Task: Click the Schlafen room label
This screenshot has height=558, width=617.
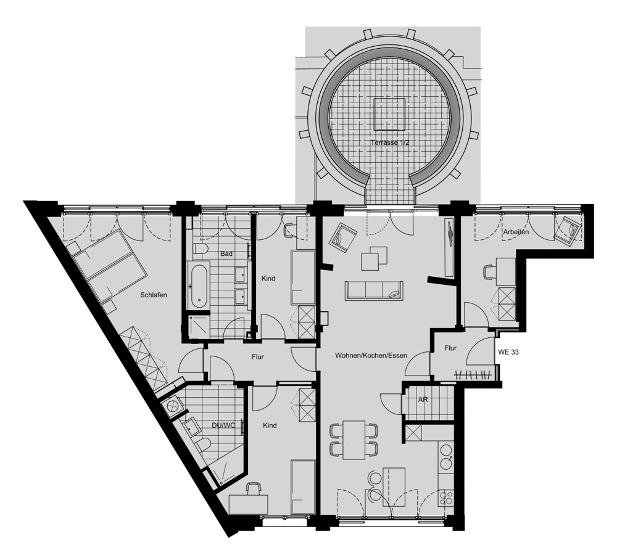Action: point(154,295)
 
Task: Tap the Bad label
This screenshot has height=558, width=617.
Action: point(226,254)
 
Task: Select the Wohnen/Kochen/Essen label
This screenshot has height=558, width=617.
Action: point(371,356)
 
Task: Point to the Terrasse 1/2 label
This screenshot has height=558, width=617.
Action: point(389,142)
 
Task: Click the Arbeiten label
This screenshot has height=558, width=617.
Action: point(516,232)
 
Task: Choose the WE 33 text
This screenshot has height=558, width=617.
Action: point(508,352)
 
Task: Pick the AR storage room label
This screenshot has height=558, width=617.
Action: point(423,400)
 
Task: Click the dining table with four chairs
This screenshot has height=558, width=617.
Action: point(354,440)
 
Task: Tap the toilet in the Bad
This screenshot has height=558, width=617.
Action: point(201,249)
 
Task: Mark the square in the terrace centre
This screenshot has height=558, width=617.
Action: point(389,115)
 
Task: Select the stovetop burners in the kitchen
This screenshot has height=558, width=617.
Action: point(447,498)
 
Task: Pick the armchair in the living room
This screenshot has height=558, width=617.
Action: point(342,237)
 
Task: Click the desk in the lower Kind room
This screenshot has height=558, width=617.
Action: point(248,504)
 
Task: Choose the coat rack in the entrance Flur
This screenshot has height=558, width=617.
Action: point(473,375)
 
